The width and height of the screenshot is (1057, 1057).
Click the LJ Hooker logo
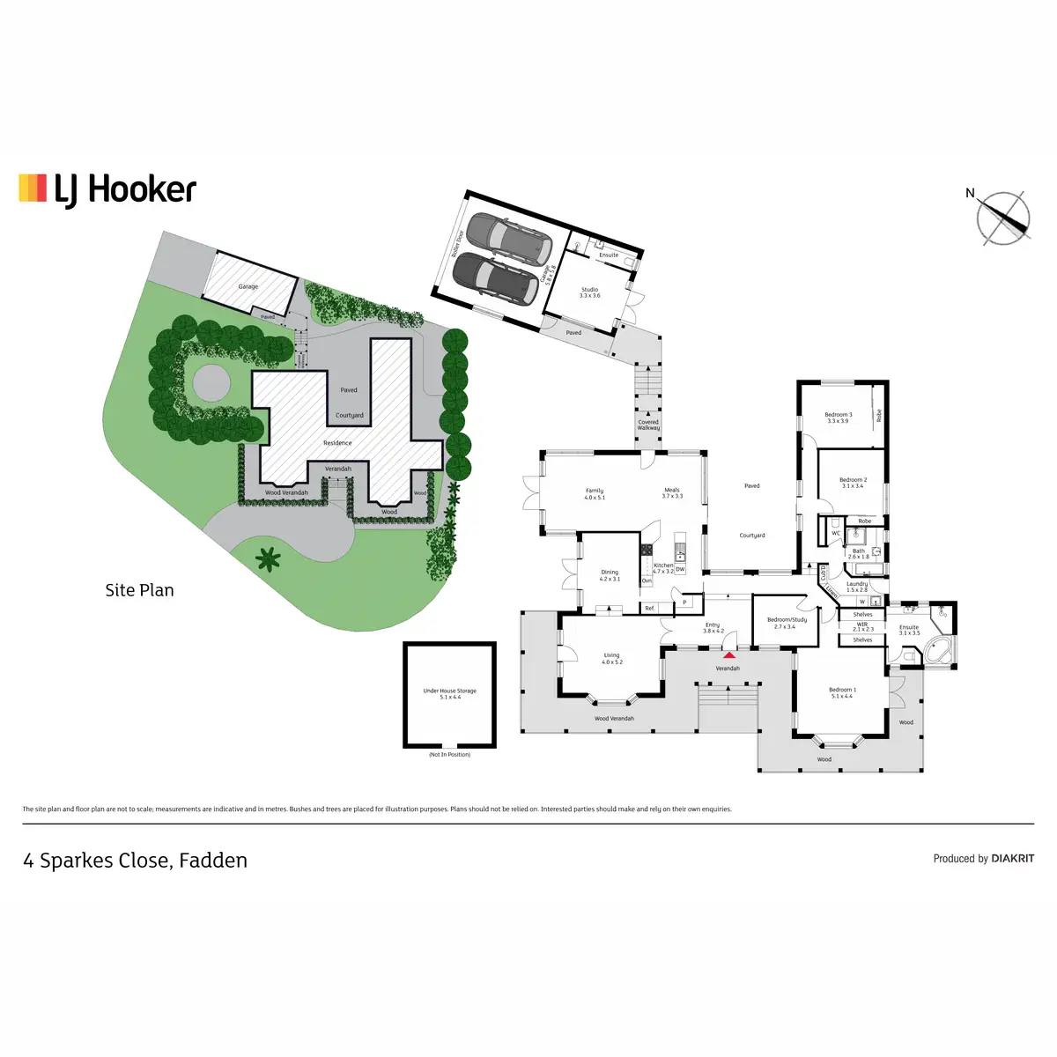(x=107, y=189)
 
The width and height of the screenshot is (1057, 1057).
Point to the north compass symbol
(x=1003, y=217)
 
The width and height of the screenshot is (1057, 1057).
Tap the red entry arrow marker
(x=729, y=654)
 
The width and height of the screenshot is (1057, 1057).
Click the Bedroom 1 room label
(x=842, y=693)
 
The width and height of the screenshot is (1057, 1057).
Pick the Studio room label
(x=589, y=292)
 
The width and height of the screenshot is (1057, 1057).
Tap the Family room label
(x=595, y=494)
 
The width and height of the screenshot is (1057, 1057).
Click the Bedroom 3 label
(x=838, y=418)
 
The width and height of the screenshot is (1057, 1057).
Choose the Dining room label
(x=610, y=575)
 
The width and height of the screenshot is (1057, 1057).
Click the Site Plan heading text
(x=139, y=590)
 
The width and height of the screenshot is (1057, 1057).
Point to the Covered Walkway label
(x=648, y=425)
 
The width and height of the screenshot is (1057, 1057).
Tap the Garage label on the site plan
(x=248, y=286)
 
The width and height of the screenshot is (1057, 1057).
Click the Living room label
(x=612, y=658)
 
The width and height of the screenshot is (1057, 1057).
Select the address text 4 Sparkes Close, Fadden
(x=135, y=861)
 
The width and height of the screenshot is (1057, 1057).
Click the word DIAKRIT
(x=1012, y=858)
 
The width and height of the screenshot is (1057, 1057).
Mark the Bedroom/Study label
(x=787, y=623)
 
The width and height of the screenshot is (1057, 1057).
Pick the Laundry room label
(x=857, y=587)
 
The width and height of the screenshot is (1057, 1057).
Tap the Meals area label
(x=672, y=493)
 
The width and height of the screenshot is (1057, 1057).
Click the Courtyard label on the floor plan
(x=752, y=536)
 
